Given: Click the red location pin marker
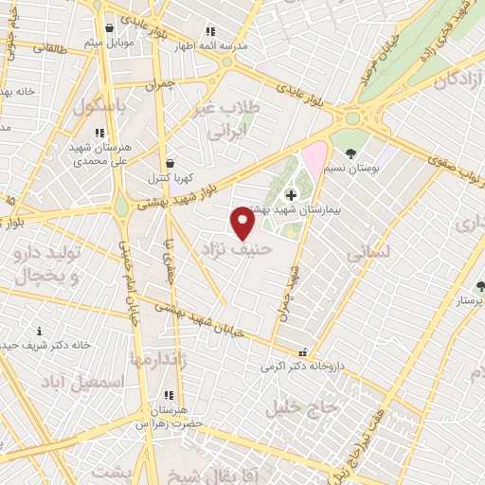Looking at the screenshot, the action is point(243,223).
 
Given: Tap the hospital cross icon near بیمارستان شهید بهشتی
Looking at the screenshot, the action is point(290,193).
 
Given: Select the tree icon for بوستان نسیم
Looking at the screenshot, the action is point(351,153).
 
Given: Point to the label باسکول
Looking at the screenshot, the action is point(97,109).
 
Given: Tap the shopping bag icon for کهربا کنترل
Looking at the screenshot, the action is point(170,164).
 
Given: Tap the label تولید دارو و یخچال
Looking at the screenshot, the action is point(47,265).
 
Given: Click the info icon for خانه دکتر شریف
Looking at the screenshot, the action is point(39,332).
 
